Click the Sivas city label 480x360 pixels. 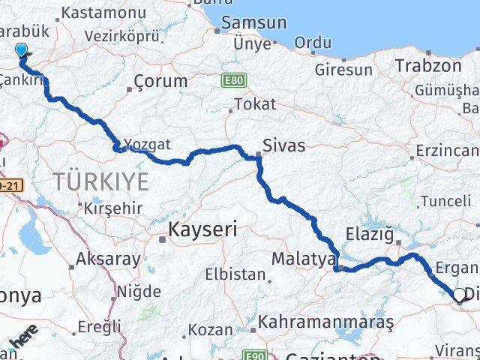(x=283, y=145)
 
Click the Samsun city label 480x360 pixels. (x=254, y=23)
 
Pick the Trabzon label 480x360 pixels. (x=428, y=65)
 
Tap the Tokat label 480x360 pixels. (x=255, y=104)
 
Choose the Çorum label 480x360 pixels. (x=160, y=81)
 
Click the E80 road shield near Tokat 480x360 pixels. (x=233, y=77)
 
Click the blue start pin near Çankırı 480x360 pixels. (x=20, y=50)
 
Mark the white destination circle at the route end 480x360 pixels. (x=459, y=295)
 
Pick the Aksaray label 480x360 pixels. (x=108, y=260)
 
